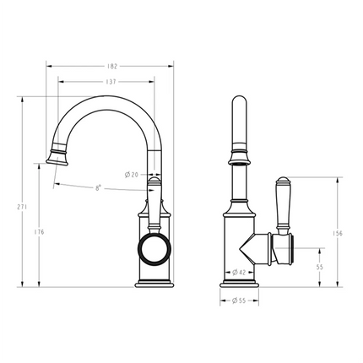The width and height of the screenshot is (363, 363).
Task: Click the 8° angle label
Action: coord(99,188)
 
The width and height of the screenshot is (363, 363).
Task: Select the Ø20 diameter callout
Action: coord(133,174)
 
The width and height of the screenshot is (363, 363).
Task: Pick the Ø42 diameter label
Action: coord(240,272)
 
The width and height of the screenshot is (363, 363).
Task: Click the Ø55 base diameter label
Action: coord(239,300)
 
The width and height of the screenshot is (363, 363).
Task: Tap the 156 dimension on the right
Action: coord(339,234)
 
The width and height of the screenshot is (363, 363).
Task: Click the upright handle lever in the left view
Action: coord(154,203)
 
